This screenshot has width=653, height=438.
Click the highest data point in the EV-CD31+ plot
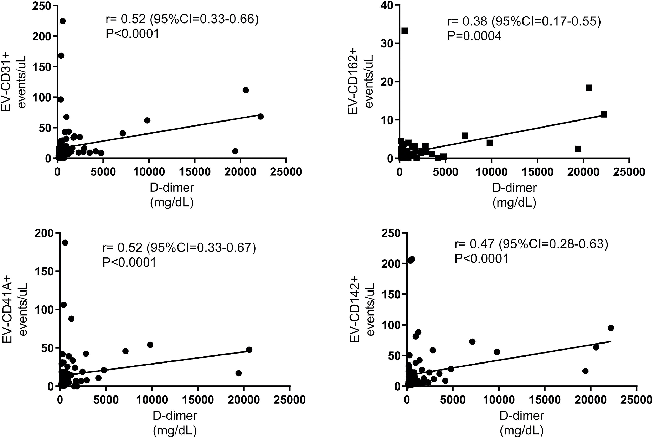point(63,21)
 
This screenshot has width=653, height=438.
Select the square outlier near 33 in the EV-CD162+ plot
point(405,31)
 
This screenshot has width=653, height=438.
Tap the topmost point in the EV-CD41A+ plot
point(65,243)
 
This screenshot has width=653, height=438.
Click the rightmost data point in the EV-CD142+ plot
point(611,328)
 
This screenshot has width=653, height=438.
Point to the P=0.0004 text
point(474,36)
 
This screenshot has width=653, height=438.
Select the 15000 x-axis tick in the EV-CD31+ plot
point(195,171)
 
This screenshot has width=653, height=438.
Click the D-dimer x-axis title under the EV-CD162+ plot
point(514,188)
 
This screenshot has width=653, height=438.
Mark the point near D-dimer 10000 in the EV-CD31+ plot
point(147,120)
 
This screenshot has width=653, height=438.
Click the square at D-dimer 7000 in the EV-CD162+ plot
point(465,136)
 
